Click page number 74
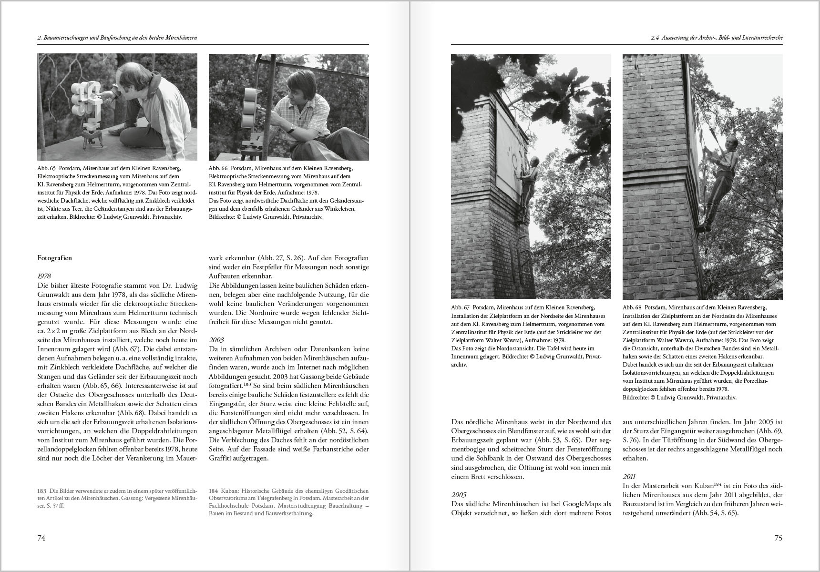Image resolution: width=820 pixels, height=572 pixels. (41, 538)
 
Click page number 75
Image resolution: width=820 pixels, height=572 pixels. (778, 538)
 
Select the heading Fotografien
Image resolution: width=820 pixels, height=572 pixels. (55, 258)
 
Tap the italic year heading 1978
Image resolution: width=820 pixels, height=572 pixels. (44, 276)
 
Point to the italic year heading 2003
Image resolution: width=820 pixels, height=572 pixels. (216, 340)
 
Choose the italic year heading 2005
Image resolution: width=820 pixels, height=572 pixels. (459, 495)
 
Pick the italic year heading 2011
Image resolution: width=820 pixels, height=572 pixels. (629, 477)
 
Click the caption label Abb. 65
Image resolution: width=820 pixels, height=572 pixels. (47, 169)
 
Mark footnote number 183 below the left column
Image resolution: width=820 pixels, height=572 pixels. (41, 491)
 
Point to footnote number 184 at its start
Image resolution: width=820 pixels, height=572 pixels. (213, 491)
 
